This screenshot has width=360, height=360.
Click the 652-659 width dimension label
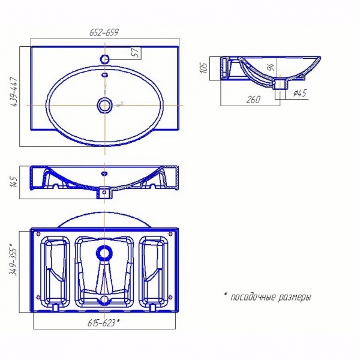click(x=104, y=32)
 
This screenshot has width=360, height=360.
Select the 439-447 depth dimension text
click(x=14, y=92)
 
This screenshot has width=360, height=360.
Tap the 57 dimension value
click(x=136, y=53)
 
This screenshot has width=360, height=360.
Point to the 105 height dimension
click(x=204, y=68)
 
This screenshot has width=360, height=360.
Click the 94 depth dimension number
click(x=271, y=67)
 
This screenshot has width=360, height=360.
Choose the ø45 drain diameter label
click(x=300, y=93)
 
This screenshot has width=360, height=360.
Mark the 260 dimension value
click(x=253, y=100)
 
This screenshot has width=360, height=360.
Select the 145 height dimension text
click(x=14, y=182)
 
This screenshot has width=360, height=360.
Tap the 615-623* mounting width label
click(x=104, y=323)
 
